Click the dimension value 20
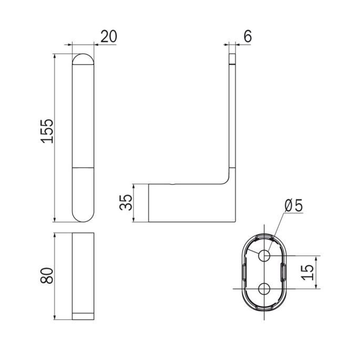click(x=108, y=36)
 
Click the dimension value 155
click(x=47, y=131)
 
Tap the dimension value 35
click(x=126, y=203)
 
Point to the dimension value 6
click(x=248, y=36)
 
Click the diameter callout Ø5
click(x=293, y=205)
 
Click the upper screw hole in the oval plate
click(x=264, y=255)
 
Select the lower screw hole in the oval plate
click(x=264, y=289)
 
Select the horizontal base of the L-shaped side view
click(x=189, y=202)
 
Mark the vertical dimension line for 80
click(x=55, y=276)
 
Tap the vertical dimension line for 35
click(x=134, y=202)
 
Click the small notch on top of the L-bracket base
click(x=174, y=184)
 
